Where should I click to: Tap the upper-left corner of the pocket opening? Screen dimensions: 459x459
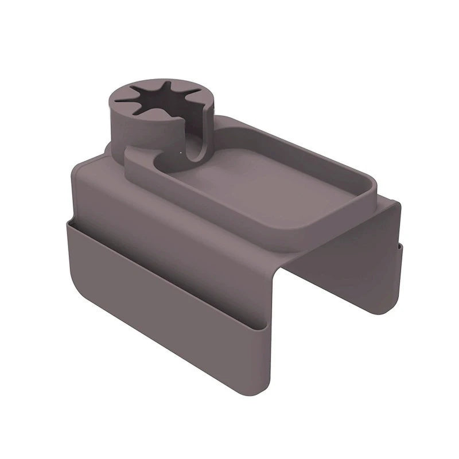68,220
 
